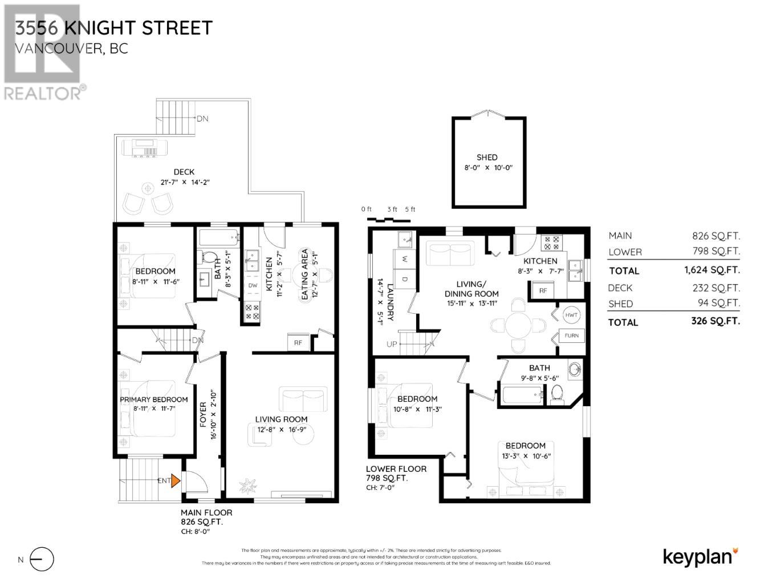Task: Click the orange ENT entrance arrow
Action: click(x=176, y=480)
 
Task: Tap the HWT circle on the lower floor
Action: click(x=571, y=315)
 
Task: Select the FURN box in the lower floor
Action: click(x=571, y=336)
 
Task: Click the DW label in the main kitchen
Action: click(x=253, y=285)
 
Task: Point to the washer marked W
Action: click(x=405, y=259)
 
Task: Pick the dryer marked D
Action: click(x=405, y=279)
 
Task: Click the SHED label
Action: click(x=487, y=157)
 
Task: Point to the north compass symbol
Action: click(x=42, y=559)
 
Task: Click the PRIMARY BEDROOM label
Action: click(x=153, y=399)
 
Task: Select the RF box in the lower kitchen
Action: click(x=543, y=290)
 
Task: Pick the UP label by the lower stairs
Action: click(x=392, y=345)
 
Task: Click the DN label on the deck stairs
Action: click(x=202, y=119)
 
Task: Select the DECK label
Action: click(x=184, y=172)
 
